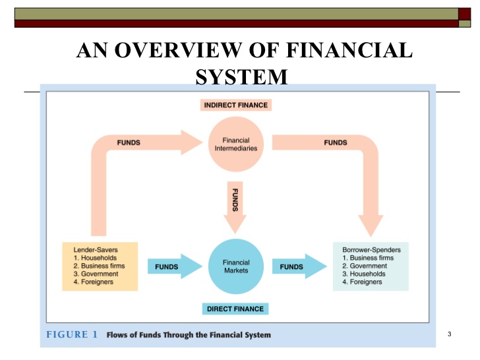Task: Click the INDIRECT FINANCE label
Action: pyautogui.click(x=236, y=105)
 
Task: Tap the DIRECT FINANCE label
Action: pyautogui.click(x=235, y=309)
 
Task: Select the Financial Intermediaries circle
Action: pyautogui.click(x=236, y=144)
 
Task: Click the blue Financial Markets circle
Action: pyautogui.click(x=236, y=266)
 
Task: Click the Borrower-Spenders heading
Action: pyautogui.click(x=371, y=251)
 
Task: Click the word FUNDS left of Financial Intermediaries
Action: pyautogui.click(x=129, y=142)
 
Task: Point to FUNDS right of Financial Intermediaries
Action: pyautogui.click(x=335, y=142)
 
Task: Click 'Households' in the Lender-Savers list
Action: pyautogui.click(x=95, y=257)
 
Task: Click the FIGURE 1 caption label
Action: pyautogui.click(x=72, y=334)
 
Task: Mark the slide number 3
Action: pyautogui.click(x=448, y=335)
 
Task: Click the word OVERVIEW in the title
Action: pyautogui.click(x=183, y=51)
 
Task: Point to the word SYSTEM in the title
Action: pyautogui.click(x=242, y=78)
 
